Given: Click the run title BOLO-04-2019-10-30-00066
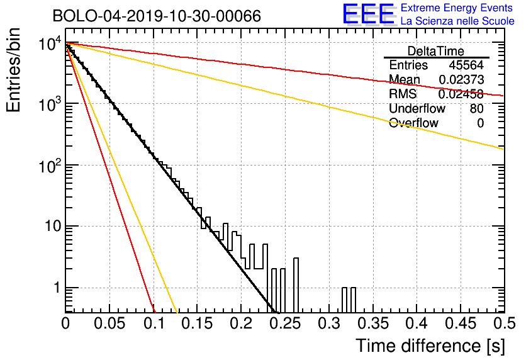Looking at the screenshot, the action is tap(157, 16).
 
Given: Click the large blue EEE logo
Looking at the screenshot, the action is tap(368, 14).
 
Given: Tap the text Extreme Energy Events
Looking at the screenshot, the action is tap(457, 8).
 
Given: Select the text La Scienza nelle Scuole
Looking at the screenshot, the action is tap(457, 21).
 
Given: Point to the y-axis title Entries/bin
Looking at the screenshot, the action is tap(13, 70).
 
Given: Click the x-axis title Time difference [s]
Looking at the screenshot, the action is tap(430, 346).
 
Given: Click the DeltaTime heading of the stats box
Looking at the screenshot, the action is tap(436, 51).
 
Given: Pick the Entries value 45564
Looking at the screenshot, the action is tap(466, 65).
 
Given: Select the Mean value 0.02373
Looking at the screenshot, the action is tap(461, 79).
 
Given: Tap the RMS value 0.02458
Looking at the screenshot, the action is tap(461, 94).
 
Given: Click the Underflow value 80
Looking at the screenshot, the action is tap(477, 109).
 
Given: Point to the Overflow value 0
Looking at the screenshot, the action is tap(480, 123).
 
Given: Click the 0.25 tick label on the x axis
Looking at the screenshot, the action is tap(285, 323).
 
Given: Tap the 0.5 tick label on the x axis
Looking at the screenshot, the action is tap(504, 323).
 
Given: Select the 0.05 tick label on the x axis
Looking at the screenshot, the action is tap(109, 323).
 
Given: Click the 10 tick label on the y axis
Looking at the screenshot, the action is tap(53, 227).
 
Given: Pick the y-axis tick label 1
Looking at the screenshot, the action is tap(57, 288).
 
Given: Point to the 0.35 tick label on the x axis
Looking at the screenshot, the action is tap(372, 323).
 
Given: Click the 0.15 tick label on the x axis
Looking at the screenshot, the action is tap(197, 323).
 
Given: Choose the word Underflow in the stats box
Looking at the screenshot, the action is tap(417, 109).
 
